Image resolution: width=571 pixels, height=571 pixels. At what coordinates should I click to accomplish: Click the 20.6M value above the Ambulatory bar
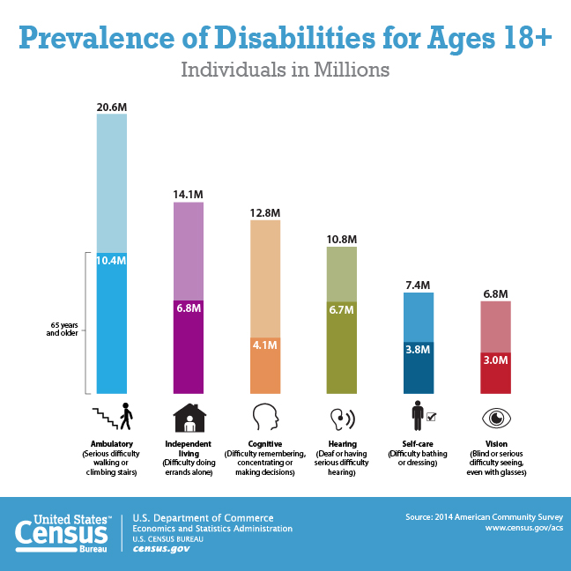pos(112,107)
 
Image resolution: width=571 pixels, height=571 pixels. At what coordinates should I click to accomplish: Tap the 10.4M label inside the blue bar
pos(112,261)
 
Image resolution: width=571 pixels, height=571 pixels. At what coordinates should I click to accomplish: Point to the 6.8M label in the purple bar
pos(189,308)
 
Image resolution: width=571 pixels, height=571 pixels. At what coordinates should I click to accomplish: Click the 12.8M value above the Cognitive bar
pos(265,212)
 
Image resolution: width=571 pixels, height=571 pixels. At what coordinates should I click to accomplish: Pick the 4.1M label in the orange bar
pos(265,345)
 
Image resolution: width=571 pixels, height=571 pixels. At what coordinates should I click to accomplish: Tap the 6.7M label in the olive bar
pos(342,309)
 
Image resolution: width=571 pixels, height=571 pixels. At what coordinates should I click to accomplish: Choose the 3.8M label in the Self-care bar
pos(418,349)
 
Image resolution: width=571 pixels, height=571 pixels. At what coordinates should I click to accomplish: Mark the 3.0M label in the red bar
pos(494,360)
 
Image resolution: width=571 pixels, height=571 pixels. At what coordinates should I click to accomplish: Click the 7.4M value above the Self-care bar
pos(418,285)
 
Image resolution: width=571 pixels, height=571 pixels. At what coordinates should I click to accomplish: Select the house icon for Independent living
pos(189,417)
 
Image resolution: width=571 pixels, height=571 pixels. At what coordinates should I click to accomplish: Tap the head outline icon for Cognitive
pos(265,417)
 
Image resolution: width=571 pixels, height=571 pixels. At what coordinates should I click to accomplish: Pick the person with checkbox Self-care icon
pos(422,416)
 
